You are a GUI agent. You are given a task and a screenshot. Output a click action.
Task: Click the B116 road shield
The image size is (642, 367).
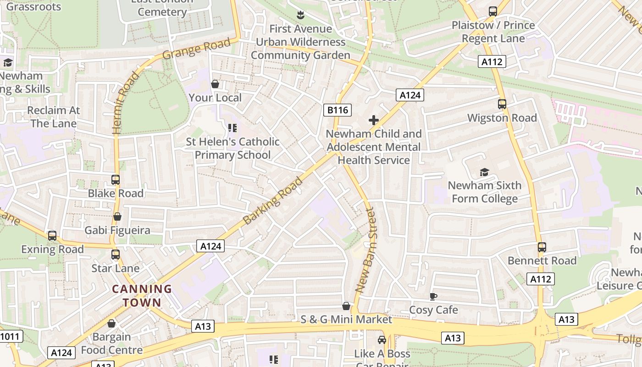coord(338,110)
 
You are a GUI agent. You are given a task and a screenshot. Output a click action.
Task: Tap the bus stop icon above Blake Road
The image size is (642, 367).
coord(116,180)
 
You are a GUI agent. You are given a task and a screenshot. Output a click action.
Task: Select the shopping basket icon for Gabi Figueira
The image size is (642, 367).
coord(117,217)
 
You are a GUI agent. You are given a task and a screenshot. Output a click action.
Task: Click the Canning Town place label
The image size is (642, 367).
coord(142,296)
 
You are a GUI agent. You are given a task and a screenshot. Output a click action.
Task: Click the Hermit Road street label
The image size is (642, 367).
coord(125,103)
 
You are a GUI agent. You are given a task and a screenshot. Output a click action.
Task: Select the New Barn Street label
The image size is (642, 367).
coord(365,250)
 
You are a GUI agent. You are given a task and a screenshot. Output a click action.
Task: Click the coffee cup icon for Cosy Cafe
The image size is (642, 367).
coord(433,297)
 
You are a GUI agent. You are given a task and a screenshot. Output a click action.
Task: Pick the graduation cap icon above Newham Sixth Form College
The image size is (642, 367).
coord(484,172)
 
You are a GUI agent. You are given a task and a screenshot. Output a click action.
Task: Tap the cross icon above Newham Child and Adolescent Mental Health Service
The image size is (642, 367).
coord(374,121)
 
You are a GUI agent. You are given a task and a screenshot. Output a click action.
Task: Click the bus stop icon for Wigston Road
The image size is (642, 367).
coord(502,104)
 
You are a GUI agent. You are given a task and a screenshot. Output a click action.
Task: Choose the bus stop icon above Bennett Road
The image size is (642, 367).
coord(542,247)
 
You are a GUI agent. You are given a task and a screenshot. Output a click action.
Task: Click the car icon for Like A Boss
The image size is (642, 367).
coord(382,340)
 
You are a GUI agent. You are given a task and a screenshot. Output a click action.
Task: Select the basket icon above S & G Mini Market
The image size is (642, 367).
coord(347,306)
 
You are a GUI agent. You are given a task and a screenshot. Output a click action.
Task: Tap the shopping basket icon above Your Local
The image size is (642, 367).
coord(215,84)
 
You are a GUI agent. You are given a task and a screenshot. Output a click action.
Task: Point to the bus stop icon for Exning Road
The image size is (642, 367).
coord(52,236)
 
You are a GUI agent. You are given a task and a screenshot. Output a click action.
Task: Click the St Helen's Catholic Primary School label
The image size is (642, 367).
coord(232,148)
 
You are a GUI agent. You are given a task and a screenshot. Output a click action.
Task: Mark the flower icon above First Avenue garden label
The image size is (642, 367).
coord(300,15)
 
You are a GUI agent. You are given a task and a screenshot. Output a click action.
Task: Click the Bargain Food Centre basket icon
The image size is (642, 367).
coord(111,323)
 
